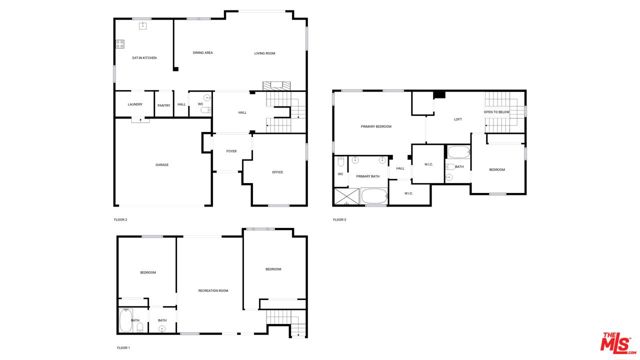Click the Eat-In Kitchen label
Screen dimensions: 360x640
[x=145, y=58]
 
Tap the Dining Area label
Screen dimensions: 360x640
[x=203, y=53]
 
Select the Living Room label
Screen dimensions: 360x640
[x=264, y=53]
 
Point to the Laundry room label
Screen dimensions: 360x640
[x=135, y=104]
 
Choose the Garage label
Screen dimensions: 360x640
[x=161, y=164]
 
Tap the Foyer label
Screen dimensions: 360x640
[x=231, y=152]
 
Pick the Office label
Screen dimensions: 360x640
[x=277, y=172]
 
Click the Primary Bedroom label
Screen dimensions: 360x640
[x=376, y=127]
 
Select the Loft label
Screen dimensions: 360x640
[x=458, y=120]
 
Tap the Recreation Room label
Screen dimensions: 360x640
[x=213, y=290]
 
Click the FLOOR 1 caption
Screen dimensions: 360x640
[x=123, y=347]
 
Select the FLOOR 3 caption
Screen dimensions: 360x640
[x=339, y=218]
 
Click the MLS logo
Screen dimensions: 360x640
[x=613, y=339]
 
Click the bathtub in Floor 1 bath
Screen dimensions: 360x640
[x=127, y=322]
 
